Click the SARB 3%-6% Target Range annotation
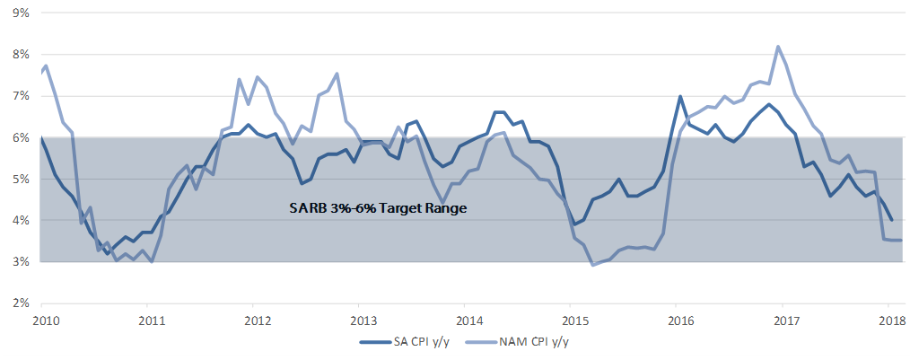(x=378, y=209)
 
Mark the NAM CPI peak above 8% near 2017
(x=778, y=47)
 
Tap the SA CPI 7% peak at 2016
(x=680, y=96)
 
